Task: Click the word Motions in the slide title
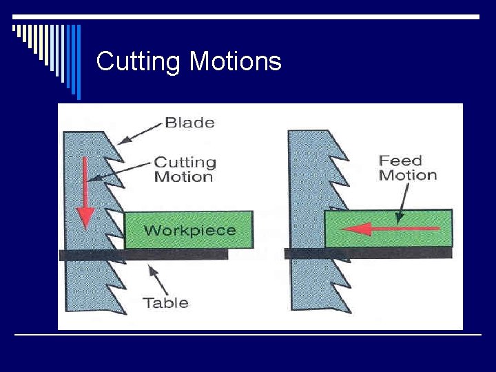[236, 62]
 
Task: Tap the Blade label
[189, 123]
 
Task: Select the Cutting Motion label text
[184, 169]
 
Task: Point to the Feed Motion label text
[408, 167]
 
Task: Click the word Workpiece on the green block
[189, 230]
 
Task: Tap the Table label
[165, 302]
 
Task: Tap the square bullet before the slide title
[17, 28]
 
